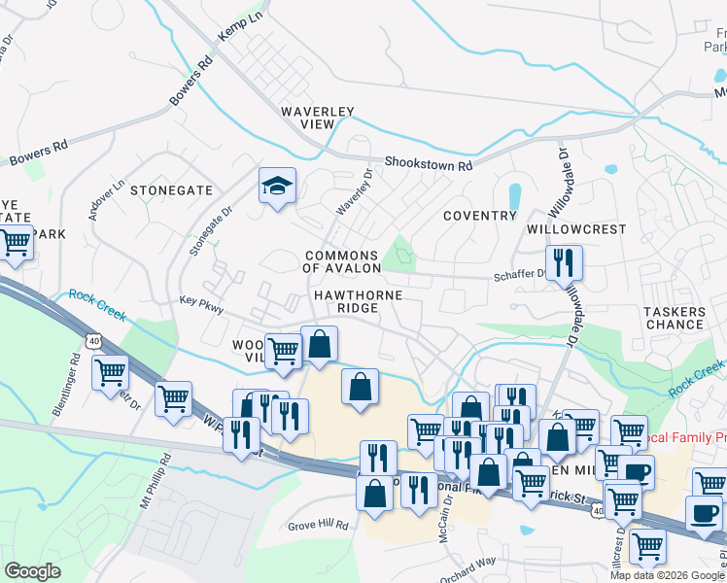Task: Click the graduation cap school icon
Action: [x=277, y=185]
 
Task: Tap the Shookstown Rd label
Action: [x=428, y=164]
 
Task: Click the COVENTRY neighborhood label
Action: [x=480, y=215]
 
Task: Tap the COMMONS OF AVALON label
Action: [x=340, y=261]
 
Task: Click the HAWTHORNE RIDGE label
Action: [x=357, y=300]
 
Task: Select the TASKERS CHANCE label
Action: [x=674, y=318]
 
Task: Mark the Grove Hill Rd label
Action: [x=318, y=525]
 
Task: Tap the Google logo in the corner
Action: [x=32, y=570]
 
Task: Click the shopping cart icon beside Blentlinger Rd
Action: [x=111, y=371]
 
